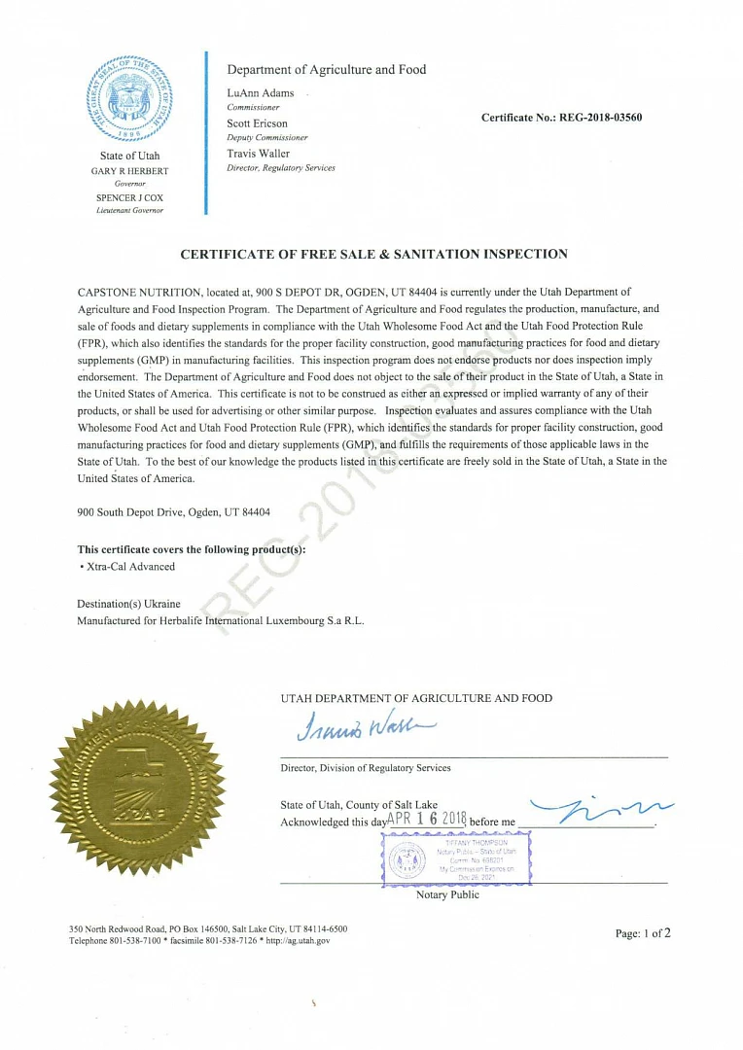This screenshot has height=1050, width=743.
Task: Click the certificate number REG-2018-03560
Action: (561, 118)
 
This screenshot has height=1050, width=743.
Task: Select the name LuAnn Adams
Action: (260, 93)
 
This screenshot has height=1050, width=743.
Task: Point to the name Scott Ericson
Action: (257, 123)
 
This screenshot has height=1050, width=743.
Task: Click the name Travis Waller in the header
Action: (258, 154)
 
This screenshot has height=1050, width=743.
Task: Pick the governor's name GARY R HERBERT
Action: (129, 171)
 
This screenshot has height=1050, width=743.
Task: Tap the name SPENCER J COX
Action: (129, 197)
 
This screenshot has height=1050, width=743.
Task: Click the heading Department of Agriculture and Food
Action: (326, 70)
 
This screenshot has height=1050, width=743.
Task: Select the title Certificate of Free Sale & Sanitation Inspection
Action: (373, 255)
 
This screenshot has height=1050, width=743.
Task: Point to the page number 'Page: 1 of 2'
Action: (643, 933)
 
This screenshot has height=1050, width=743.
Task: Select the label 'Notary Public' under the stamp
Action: (447, 894)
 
